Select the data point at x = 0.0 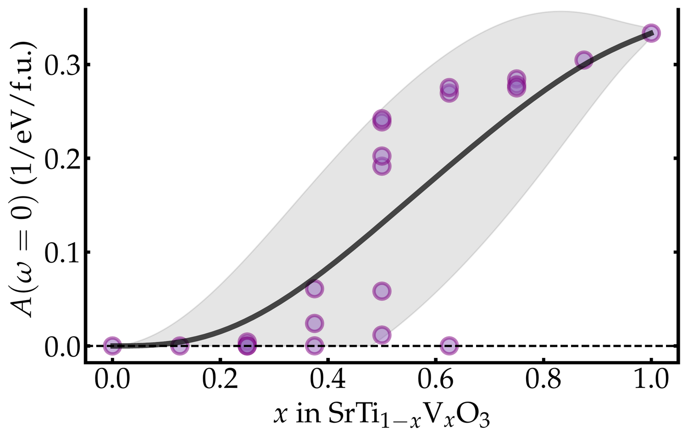pos(112,346)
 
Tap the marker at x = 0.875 pos(583,60)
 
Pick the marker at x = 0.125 pos(180,346)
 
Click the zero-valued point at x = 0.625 pos(449,346)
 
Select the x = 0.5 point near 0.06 pos(382,291)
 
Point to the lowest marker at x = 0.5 pos(382,335)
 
